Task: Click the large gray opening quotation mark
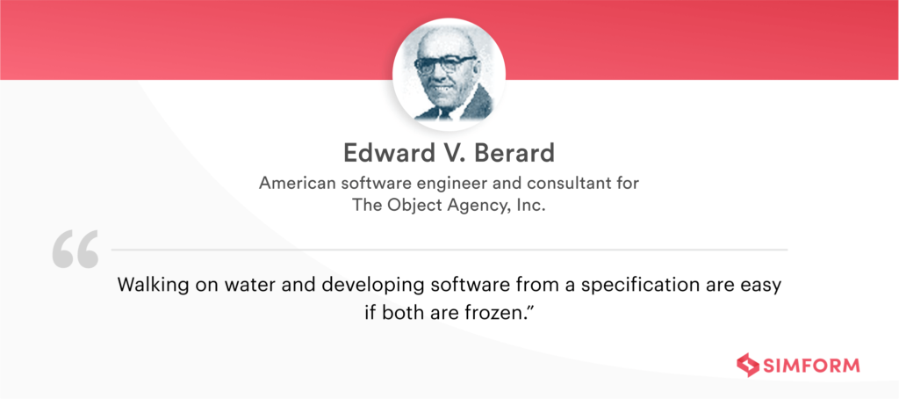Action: [75, 250]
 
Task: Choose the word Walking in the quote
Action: [148, 286]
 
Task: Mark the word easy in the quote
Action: [759, 286]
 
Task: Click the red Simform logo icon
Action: [747, 365]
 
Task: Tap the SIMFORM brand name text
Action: [812, 365]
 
